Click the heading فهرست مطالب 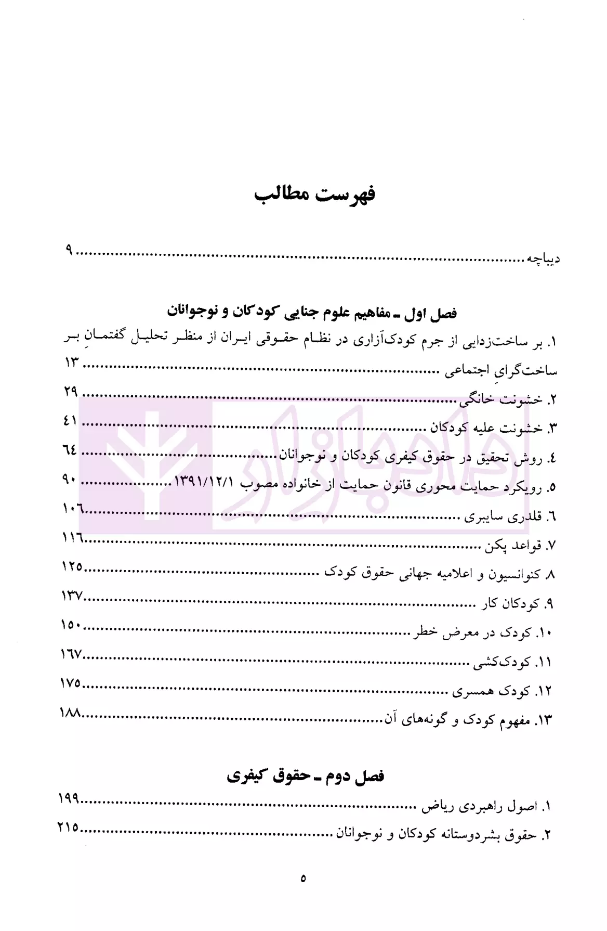[315, 196]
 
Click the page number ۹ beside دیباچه [69, 251]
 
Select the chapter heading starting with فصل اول [312, 313]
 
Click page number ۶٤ [70, 450]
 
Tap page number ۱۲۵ [72, 567]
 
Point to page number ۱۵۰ [71, 625]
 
